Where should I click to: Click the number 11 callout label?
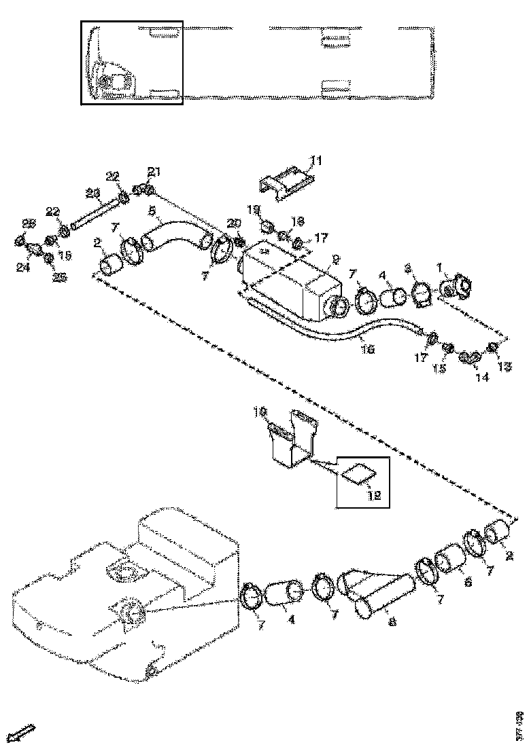[315, 160]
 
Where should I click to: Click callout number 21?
[154, 170]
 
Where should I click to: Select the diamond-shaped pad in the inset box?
[360, 473]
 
